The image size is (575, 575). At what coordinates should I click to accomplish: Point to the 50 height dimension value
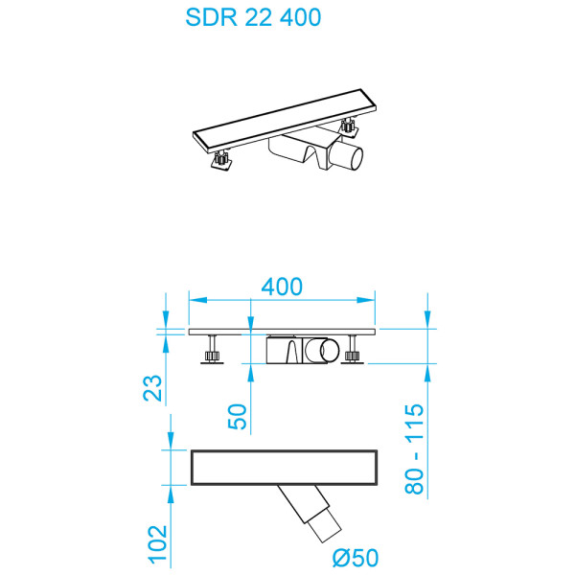(238, 415)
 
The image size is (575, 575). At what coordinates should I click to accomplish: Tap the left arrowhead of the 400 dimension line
(192, 299)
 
